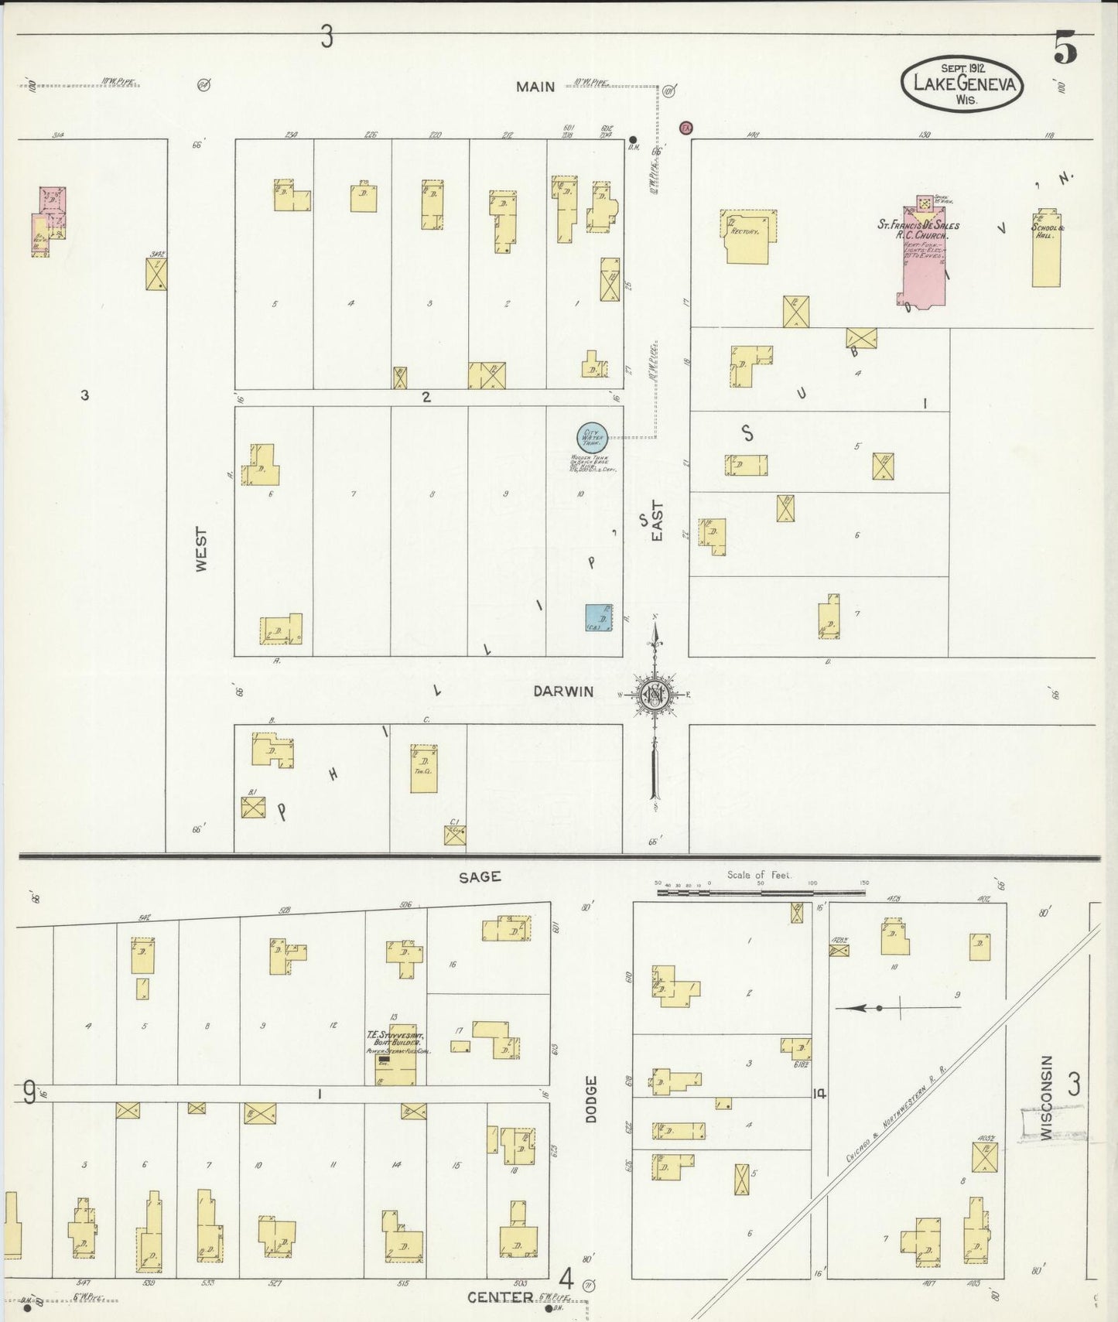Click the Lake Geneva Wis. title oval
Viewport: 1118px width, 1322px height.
click(x=962, y=84)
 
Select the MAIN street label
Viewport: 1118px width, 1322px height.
click(x=535, y=87)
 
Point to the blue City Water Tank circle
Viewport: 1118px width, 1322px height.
click(x=592, y=438)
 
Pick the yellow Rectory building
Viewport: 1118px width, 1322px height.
click(x=747, y=236)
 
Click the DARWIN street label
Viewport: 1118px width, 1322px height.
click(x=562, y=692)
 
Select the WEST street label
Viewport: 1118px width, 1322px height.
click(x=201, y=549)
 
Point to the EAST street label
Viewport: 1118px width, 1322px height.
click(x=657, y=521)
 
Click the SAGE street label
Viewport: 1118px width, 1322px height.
click(x=480, y=876)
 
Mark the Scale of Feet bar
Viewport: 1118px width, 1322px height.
click(x=761, y=892)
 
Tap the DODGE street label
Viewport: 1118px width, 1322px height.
click(x=591, y=1098)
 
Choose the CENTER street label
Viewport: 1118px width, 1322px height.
click(x=500, y=1297)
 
